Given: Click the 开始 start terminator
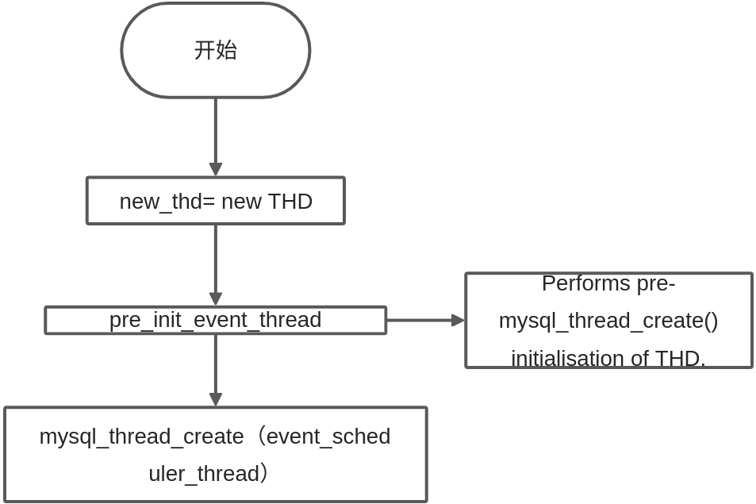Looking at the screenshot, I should pyautogui.click(x=215, y=50).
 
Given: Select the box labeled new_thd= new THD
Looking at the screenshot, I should pyautogui.click(x=215, y=201).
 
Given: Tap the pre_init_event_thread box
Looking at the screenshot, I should pyautogui.click(x=215, y=320).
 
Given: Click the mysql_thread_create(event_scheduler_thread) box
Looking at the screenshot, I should pyautogui.click(x=215, y=455).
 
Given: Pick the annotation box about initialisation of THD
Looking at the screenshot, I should pyautogui.click(x=608, y=321).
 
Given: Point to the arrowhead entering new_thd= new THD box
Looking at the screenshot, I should pyautogui.click(x=216, y=170).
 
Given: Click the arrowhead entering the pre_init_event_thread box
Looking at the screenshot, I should pyautogui.click(x=216, y=299).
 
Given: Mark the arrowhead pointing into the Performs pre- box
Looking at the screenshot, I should pyautogui.click(x=458, y=321).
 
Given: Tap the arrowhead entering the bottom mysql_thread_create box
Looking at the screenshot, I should pyautogui.click(x=216, y=400).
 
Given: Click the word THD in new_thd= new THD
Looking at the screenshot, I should pyautogui.click(x=290, y=202).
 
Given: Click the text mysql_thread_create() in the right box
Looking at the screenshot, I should pyautogui.click(x=608, y=321).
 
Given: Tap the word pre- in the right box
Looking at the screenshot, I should pyautogui.click(x=656, y=283).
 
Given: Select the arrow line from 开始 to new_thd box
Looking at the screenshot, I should pyautogui.click(x=216, y=131).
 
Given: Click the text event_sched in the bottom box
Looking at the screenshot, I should pyautogui.click(x=328, y=437).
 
